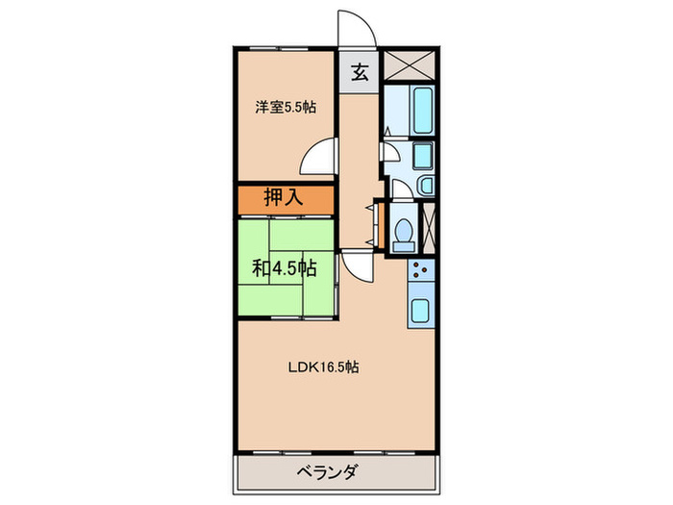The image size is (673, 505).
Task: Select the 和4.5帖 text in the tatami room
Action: pos(285,266)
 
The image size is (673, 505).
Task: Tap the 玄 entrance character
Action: pos(360,72)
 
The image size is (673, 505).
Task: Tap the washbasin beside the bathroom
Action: pos(427,184)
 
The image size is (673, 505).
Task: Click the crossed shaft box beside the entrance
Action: pos(410,65)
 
